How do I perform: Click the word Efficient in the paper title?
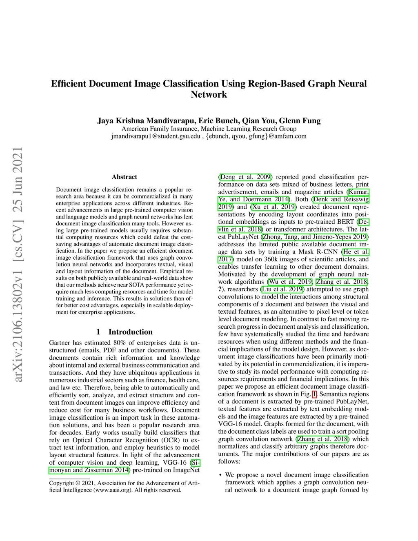click(68, 84)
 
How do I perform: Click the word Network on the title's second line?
click(209, 95)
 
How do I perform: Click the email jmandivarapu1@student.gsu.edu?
click(156, 136)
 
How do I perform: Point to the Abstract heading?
click(125, 177)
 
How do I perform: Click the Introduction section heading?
click(130, 332)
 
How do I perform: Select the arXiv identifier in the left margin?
click(18, 265)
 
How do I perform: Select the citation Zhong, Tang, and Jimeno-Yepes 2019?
click(315, 237)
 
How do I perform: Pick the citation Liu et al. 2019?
click(282, 289)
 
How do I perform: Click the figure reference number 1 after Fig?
click(314, 394)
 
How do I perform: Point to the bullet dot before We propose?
click(220, 475)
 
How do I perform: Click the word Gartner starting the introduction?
click(60, 343)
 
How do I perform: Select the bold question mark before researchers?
click(220, 289)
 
